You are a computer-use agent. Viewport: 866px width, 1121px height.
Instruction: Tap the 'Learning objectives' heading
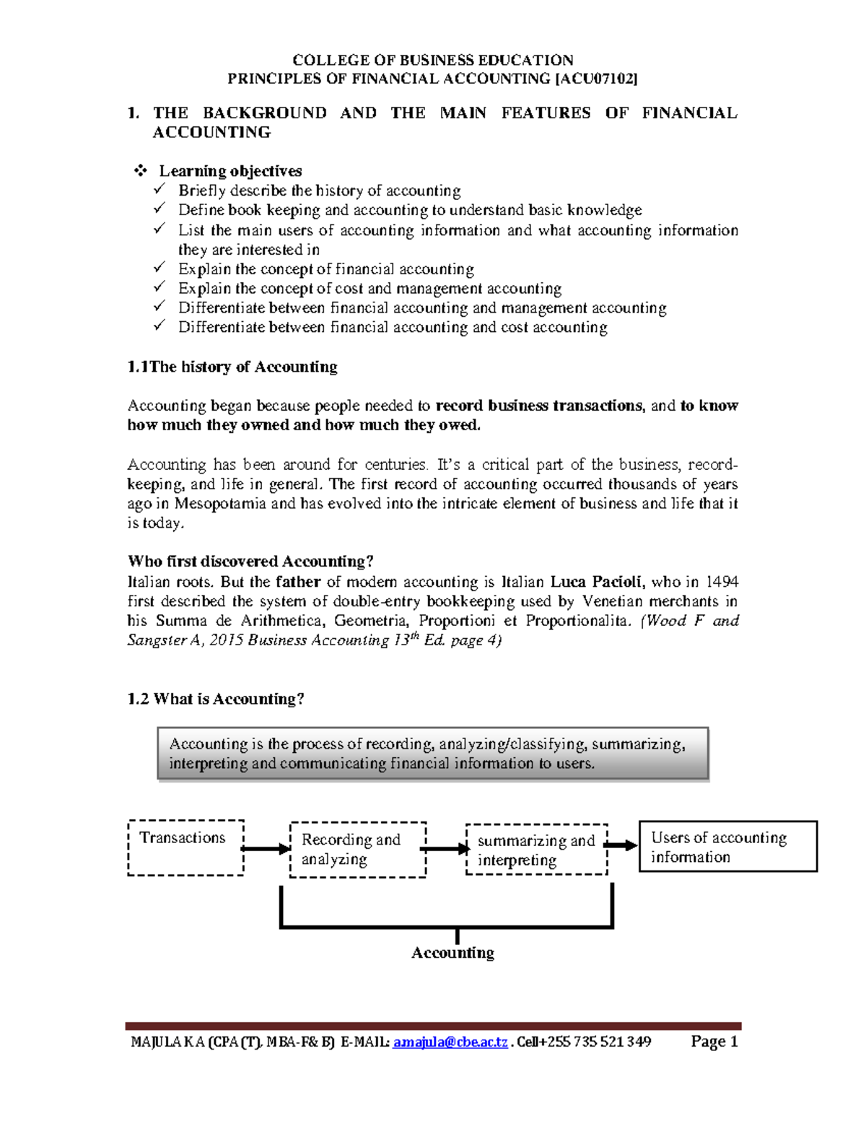(x=230, y=171)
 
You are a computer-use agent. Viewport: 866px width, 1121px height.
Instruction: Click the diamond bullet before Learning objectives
(x=140, y=171)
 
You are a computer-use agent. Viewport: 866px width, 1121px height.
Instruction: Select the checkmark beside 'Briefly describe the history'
(x=159, y=190)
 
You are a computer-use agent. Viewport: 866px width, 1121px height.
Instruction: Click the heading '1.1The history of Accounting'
(x=232, y=367)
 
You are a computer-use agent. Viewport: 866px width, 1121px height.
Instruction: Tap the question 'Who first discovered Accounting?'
(x=250, y=562)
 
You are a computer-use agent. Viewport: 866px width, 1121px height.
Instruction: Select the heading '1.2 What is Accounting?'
(x=216, y=699)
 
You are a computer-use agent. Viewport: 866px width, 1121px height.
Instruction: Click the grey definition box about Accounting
(x=433, y=754)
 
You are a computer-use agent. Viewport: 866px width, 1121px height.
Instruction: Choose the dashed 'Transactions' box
(x=185, y=847)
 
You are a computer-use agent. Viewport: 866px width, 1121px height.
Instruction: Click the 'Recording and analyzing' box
(x=358, y=850)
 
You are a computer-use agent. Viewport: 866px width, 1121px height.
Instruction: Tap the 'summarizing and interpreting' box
(x=536, y=850)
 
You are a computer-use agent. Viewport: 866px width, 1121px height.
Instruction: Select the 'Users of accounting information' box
(x=727, y=847)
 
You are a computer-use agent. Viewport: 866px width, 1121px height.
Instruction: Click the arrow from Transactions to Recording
(x=266, y=849)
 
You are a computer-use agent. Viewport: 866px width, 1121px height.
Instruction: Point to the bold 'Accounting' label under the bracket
(x=452, y=953)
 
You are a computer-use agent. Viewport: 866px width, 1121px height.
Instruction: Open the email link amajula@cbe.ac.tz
(x=450, y=1042)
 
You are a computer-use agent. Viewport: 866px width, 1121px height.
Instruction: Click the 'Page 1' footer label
(x=714, y=1041)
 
